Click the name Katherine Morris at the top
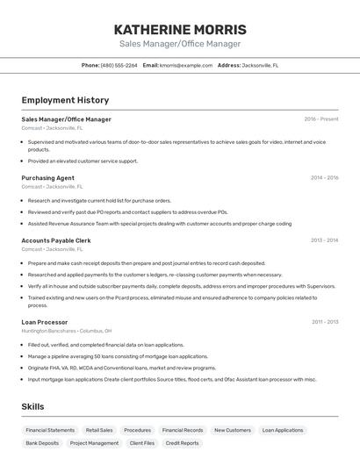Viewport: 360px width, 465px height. (x=180, y=29)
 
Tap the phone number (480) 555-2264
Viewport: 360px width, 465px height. (x=119, y=65)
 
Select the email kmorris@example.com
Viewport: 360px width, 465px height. (x=186, y=65)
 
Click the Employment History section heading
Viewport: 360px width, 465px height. (x=65, y=100)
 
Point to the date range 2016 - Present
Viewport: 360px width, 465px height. (x=320, y=119)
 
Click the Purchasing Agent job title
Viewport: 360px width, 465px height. (x=47, y=178)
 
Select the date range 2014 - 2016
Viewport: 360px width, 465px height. (x=324, y=178)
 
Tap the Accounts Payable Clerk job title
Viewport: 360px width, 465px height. (x=56, y=240)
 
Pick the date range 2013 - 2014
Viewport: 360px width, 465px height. (x=324, y=240)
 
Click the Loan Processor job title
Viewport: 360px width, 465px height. (x=45, y=322)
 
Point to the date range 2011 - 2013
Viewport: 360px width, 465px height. (x=324, y=322)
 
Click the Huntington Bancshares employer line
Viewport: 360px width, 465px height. (x=67, y=331)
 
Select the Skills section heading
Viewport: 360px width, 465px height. (x=33, y=406)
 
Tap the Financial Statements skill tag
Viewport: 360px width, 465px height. (x=50, y=431)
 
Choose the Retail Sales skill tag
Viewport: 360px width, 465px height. (x=99, y=431)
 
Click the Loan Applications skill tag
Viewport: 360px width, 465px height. (x=283, y=431)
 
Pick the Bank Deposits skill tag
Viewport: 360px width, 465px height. (x=42, y=443)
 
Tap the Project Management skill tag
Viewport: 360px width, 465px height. (x=94, y=443)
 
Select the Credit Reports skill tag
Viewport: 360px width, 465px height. (x=183, y=443)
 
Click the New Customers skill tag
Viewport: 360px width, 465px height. (x=233, y=431)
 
